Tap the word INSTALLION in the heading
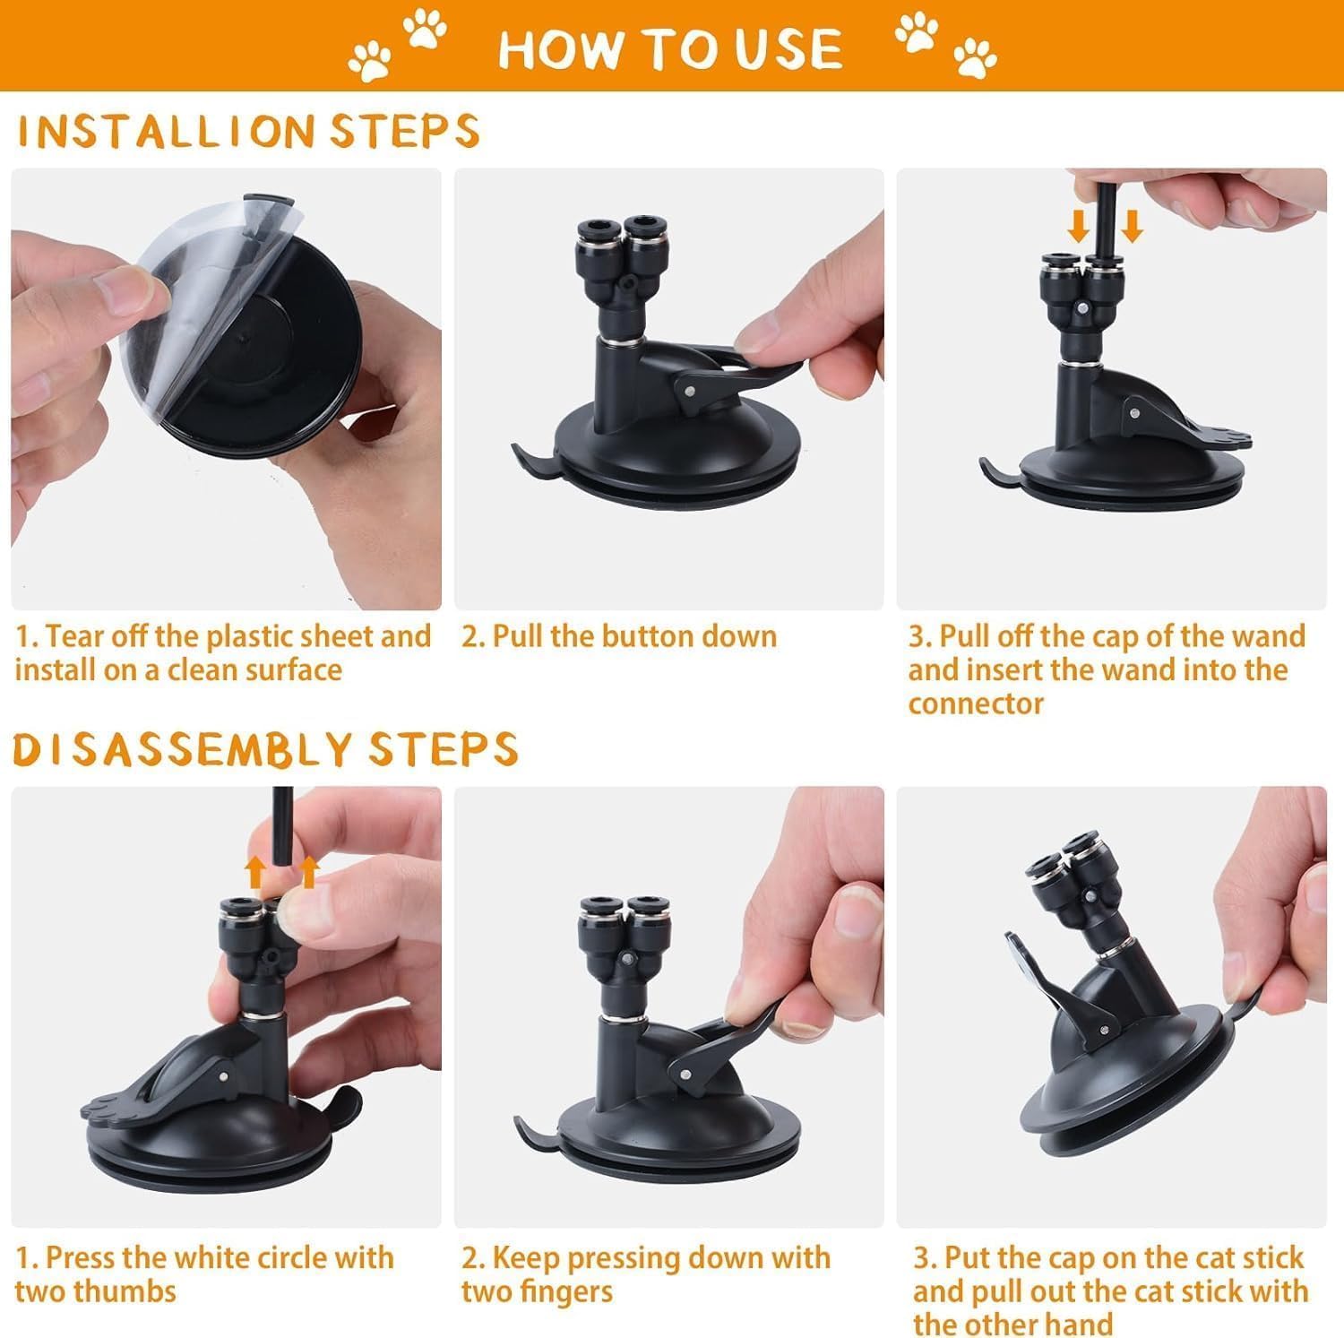[x=167, y=131]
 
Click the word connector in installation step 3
[x=976, y=704]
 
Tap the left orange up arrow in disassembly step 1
[x=256, y=871]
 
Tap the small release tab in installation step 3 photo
[x=999, y=470]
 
